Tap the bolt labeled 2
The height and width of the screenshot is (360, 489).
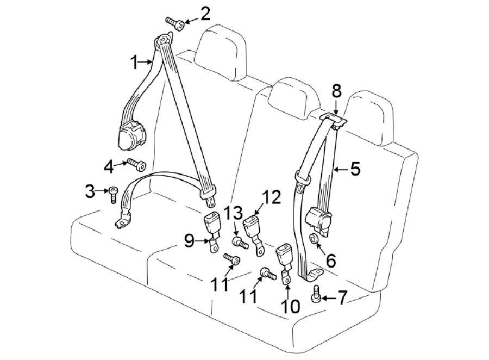174,22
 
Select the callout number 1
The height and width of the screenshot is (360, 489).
135,63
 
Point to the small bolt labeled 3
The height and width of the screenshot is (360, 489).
113,194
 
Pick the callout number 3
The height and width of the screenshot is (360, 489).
90,191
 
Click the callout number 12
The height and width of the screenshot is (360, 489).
272,197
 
